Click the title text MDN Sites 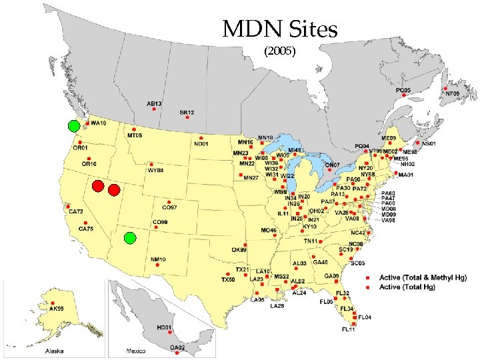[x=280, y=29]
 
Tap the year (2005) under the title [x=280, y=51]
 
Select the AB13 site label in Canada [x=155, y=103]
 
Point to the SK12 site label [x=187, y=113]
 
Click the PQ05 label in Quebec [x=403, y=90]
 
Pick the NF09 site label [x=453, y=94]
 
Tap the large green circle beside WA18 [x=74, y=125]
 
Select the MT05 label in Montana [x=135, y=136]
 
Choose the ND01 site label [x=201, y=144]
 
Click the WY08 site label [x=155, y=171]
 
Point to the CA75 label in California [x=86, y=229]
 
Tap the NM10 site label [x=158, y=259]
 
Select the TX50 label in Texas [x=228, y=279]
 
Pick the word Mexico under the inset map [x=136, y=351]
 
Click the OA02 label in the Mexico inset [x=177, y=347]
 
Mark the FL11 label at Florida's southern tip [x=349, y=329]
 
